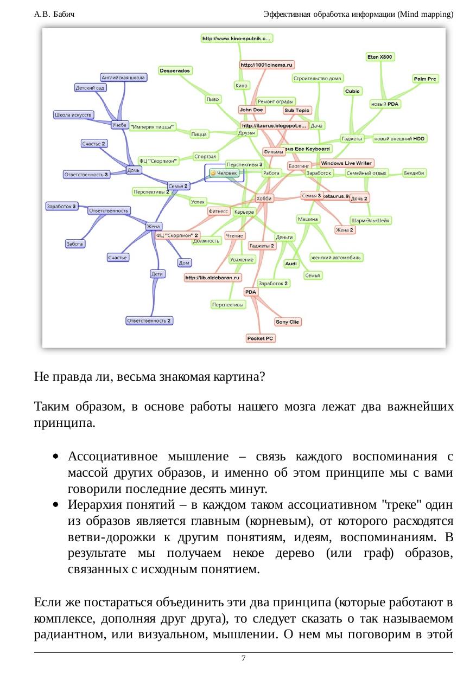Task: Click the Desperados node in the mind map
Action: coord(175,71)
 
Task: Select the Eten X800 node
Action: coord(380,57)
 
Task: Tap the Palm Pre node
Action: coord(425,79)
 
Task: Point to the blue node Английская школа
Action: coord(124,78)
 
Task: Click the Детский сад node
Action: coord(90,87)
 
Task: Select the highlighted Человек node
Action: coord(224,173)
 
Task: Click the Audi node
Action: coord(291,264)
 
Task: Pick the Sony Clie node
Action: coord(287,322)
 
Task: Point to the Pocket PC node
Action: coord(261,338)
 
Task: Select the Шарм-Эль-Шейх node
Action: coord(371,221)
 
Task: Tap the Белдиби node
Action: coord(414,173)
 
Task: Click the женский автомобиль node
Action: coord(336,257)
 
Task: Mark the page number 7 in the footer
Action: coord(243,658)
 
